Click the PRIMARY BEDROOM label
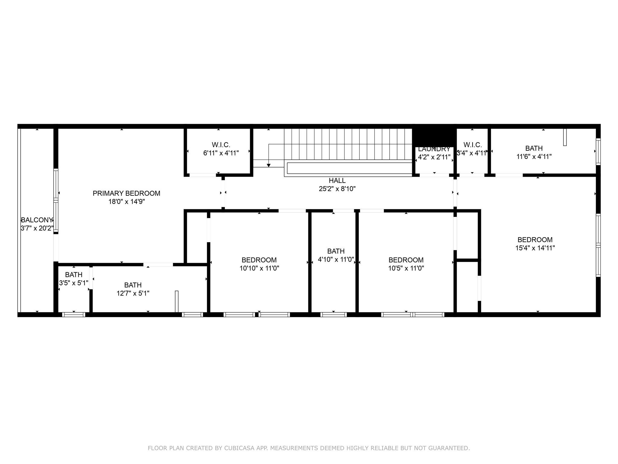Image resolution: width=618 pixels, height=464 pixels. coord(126,193)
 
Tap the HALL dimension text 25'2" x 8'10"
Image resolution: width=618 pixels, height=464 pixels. coord(337,189)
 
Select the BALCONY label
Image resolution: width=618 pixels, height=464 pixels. coord(37,220)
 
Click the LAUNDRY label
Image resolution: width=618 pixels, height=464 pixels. coord(434,149)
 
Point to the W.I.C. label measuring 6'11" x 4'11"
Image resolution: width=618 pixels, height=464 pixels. coord(221,145)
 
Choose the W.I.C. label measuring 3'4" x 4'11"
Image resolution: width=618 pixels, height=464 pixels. coord(473,145)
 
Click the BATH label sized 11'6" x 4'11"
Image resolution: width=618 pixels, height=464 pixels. coord(534,148)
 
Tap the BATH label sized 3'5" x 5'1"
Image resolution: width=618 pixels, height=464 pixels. coord(74,275)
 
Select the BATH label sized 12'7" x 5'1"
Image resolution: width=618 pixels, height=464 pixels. coord(133,285)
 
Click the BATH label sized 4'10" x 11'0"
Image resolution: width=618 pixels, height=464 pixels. coord(336,251)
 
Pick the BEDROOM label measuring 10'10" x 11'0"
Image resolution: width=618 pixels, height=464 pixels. coord(259,260)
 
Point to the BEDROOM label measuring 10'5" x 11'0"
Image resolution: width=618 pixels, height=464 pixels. coord(406,260)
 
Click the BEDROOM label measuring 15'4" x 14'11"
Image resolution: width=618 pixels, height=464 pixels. coord(535,240)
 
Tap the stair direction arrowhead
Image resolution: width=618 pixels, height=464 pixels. coord(269,165)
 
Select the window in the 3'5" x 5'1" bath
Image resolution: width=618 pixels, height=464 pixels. coord(74,314)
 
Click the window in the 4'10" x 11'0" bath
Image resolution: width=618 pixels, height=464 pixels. coord(333,314)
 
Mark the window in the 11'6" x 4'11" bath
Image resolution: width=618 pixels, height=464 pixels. coord(598,152)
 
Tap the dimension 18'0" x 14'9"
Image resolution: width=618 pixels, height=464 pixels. coord(126,202)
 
